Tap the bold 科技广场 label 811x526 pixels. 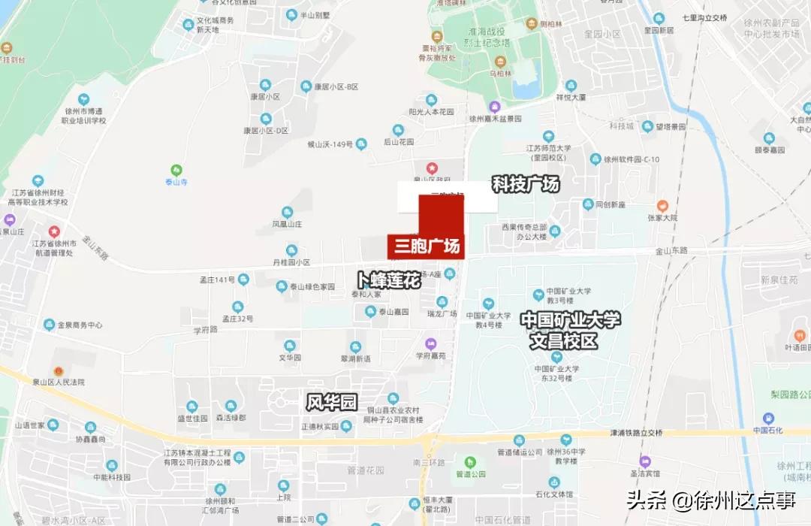tap(526, 184)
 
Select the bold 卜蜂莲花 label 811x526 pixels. tap(388, 280)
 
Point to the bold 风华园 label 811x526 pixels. tap(331, 402)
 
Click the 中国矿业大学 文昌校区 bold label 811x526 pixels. tap(571, 330)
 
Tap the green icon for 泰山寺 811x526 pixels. tap(176, 170)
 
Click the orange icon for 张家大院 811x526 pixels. tap(662, 205)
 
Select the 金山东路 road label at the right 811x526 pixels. tap(671, 251)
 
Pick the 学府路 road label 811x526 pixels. tap(204, 330)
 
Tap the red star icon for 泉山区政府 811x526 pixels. tap(432, 168)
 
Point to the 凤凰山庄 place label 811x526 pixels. tap(287, 224)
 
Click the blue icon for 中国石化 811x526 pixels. tap(768, 419)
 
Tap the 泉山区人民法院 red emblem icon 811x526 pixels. tap(58, 371)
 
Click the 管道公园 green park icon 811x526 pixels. tap(471, 462)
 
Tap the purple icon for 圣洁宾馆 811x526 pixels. tap(644, 461)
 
